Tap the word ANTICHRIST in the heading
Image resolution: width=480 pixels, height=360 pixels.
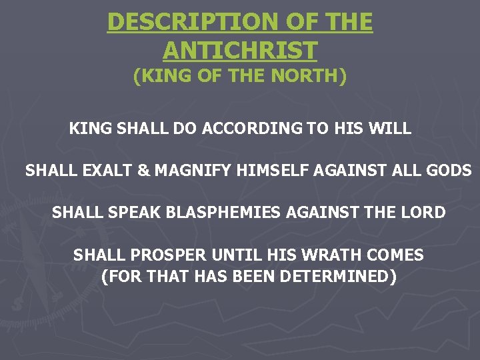[x=240, y=50]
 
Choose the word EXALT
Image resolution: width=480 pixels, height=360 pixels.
[x=106, y=171]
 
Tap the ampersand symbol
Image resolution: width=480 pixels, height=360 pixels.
[x=143, y=171]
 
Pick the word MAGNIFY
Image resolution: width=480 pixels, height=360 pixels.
[x=194, y=171]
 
